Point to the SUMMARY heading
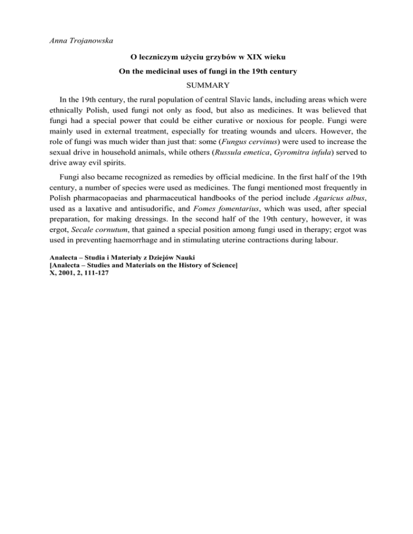coord(206,86)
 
